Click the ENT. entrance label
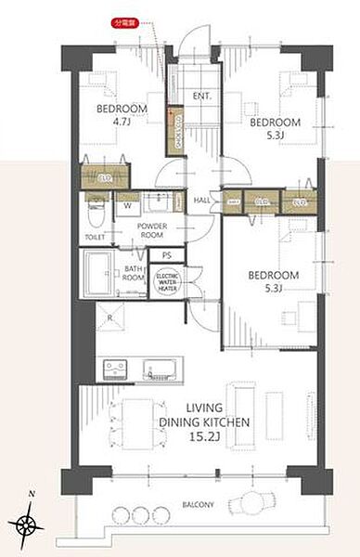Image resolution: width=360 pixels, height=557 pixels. tap(202, 97)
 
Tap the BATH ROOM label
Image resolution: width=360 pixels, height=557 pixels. tap(135, 274)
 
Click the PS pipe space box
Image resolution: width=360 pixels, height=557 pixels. tap(167, 253)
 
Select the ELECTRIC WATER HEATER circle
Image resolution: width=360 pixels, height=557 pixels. tap(169, 281)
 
